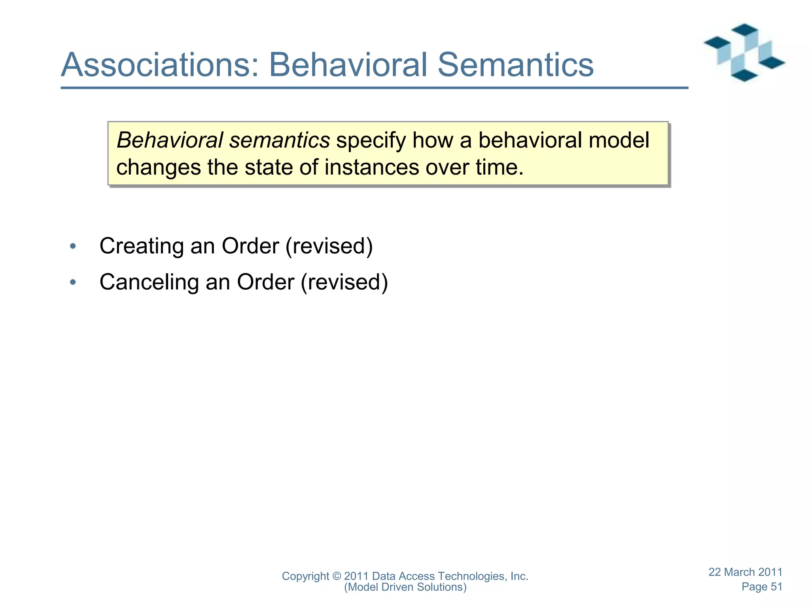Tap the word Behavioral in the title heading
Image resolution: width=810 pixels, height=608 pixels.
(x=348, y=65)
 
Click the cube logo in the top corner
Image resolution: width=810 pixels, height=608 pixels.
(x=744, y=53)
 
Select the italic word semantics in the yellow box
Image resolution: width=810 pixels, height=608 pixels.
(x=279, y=141)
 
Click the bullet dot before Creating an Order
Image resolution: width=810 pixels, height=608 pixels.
(x=73, y=247)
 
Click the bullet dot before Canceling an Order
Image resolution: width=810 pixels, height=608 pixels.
(x=73, y=283)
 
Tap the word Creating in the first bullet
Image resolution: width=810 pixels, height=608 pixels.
(x=142, y=246)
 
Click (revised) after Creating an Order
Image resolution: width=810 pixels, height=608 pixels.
(x=329, y=246)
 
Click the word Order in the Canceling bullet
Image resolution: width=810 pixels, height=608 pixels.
(x=265, y=282)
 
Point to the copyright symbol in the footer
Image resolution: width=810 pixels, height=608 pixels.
(x=337, y=576)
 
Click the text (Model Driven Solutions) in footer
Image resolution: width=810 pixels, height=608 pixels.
(x=405, y=587)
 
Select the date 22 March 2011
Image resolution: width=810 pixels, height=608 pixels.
(x=745, y=572)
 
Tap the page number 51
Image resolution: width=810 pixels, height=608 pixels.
(x=776, y=587)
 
